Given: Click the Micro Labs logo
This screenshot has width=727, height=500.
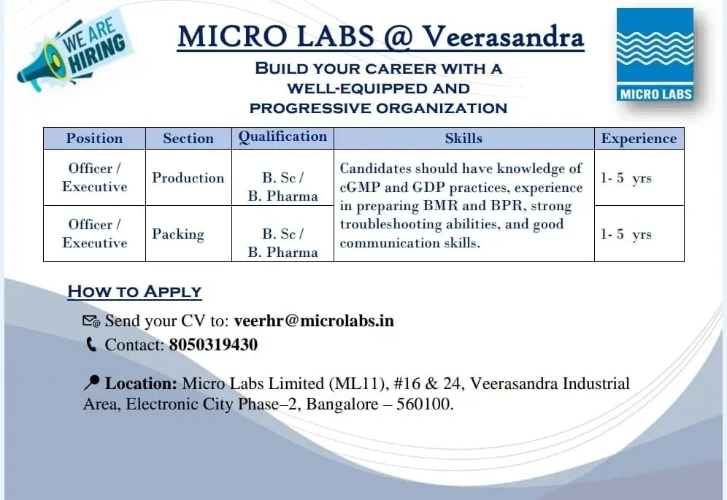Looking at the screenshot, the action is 655,55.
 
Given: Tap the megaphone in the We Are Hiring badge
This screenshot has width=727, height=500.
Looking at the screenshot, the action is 41,68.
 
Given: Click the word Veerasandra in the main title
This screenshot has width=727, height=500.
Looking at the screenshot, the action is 503,36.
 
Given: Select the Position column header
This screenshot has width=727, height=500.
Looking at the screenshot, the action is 95,138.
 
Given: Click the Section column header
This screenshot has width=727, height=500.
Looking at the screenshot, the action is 188,138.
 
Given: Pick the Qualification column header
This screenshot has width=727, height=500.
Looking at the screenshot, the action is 282,136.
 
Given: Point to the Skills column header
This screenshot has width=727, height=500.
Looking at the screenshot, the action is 463,138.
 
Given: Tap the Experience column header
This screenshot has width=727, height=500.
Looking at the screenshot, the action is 639,139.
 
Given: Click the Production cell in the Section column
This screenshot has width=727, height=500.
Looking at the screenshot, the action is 188,177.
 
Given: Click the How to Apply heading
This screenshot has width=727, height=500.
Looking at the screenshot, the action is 134,292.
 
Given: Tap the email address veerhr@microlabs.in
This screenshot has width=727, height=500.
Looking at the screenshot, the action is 314,320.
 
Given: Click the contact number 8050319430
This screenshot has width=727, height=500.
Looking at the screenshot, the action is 213,345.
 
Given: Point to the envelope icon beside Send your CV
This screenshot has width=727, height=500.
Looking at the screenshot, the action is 91,321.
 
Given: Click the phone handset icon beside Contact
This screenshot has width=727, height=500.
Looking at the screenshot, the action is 91,345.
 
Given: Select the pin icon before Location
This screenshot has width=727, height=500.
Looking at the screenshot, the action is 91,382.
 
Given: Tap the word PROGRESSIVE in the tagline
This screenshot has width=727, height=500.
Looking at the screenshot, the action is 310,109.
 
